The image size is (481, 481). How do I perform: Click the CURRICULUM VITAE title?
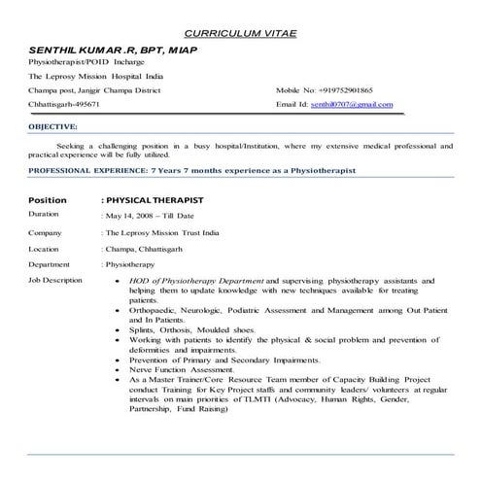tap(240, 34)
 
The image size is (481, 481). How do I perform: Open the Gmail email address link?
tap(352, 104)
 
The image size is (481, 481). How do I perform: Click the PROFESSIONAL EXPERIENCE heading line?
tap(192, 170)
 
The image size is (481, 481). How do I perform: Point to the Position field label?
tap(48, 199)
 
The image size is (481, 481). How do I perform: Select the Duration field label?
tap(45, 214)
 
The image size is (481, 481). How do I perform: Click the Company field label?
tap(46, 233)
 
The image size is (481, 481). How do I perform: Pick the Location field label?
tap(46, 249)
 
